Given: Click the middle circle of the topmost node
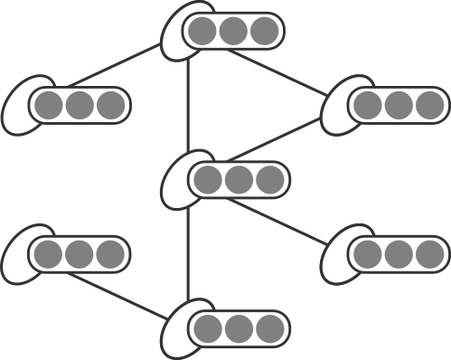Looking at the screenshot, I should coord(233,31).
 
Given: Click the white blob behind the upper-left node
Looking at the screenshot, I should coord(19,112).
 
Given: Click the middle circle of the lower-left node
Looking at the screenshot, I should coord(80,254).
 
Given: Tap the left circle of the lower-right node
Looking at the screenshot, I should coord(367,254).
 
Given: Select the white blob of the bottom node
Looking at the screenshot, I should coord(178,340).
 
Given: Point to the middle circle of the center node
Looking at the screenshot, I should coord(239,180).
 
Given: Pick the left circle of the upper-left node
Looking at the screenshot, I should coord(49,106).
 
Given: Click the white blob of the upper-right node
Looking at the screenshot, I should coord(337,113).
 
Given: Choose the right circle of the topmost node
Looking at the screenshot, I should coord(263,31).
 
